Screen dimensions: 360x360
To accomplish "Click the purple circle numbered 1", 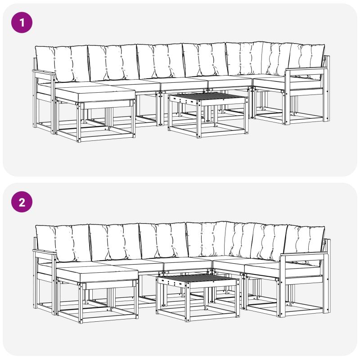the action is pos(22,22).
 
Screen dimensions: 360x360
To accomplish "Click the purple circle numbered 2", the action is pos(22,202).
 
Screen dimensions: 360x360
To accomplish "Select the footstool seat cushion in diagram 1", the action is pos(95,94).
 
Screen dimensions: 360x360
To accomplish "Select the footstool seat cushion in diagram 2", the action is pos(97,274).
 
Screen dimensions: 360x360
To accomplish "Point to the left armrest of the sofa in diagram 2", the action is pos(45,253).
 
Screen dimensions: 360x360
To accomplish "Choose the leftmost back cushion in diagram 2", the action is pos(63,243).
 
